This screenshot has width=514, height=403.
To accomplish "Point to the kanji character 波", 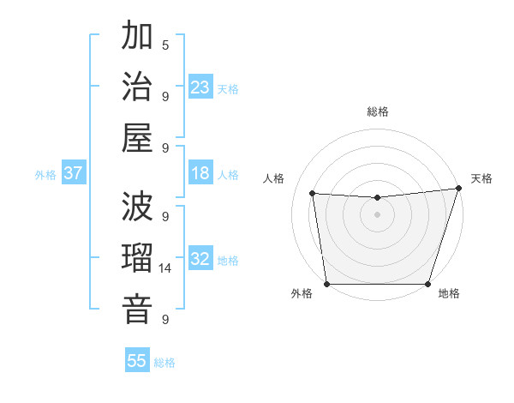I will tap(137, 207).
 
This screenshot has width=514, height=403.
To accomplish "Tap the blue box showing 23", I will tap(200, 87).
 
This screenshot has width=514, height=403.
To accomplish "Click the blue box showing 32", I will tap(200, 259).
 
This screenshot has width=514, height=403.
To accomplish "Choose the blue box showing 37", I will tap(73, 173).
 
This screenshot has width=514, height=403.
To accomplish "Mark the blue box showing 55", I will tap(137, 361).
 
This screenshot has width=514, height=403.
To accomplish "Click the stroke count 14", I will tap(166, 268).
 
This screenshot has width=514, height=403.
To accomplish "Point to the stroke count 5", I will tap(165, 45).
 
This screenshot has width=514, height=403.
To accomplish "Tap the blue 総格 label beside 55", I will tap(164, 363).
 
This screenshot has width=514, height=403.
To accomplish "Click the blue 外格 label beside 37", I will tap(45, 175).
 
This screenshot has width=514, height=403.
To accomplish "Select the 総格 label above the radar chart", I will tap(378, 111).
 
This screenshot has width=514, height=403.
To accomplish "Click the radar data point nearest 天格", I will tap(458, 189).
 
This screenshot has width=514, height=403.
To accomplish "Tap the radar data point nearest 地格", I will tap(427, 284).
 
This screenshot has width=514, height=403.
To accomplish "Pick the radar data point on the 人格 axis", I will tap(313, 194).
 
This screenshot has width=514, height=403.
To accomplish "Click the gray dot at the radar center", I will tap(377, 214).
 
